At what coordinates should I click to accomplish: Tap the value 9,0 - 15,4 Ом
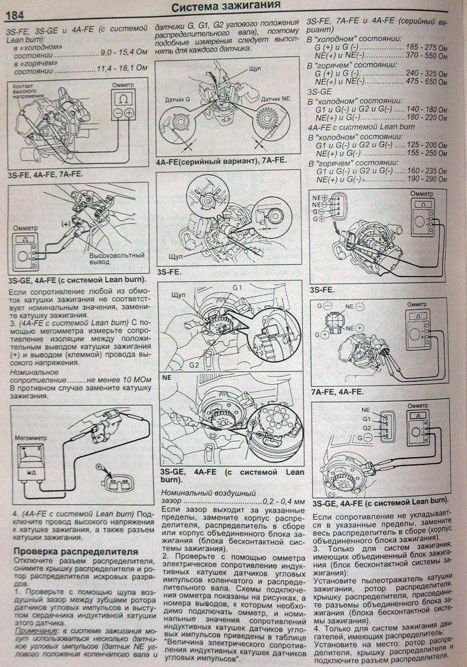[121, 53]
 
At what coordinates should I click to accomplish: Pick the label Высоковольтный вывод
[113, 261]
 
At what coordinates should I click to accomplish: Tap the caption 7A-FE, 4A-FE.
[337, 391]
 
